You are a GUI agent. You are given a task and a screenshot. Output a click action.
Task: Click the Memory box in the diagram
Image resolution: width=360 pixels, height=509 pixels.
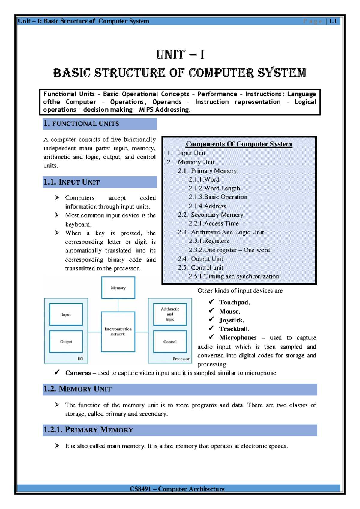coord(118,288)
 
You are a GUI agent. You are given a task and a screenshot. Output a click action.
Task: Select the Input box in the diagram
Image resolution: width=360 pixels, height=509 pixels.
coord(66,314)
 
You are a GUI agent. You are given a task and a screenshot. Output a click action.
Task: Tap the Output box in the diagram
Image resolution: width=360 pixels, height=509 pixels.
coord(66,342)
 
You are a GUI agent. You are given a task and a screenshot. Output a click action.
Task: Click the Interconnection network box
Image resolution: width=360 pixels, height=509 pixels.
coord(118,331)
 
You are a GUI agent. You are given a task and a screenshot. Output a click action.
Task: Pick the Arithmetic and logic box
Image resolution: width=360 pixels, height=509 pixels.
coord(170,314)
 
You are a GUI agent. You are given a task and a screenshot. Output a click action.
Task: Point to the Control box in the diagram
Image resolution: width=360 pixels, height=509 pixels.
coord(170,342)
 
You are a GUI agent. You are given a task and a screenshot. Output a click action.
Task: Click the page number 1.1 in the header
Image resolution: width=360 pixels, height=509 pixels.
coord(333,21)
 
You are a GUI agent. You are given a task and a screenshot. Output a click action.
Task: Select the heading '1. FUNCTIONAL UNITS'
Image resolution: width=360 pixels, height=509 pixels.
coord(81,124)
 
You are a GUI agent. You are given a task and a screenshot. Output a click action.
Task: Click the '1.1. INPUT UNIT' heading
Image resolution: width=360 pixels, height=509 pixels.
coord(72,182)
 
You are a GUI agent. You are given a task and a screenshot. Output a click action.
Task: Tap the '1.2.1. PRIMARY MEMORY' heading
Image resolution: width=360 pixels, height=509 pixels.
coord(88,430)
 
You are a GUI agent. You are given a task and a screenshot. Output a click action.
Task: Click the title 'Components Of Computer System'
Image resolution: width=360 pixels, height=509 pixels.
coord(239,144)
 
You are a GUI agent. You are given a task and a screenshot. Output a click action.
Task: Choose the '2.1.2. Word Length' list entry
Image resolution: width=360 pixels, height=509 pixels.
coord(214,188)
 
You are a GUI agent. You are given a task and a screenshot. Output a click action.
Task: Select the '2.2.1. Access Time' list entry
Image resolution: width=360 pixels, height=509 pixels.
coord(214,224)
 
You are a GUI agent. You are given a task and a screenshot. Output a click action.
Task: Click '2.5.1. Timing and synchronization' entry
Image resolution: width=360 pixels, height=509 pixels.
coord(234,276)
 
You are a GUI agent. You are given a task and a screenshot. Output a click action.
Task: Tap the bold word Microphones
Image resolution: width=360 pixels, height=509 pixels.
coord(238,338)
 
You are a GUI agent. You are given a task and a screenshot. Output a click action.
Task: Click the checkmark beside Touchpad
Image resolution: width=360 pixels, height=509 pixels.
coord(211,302)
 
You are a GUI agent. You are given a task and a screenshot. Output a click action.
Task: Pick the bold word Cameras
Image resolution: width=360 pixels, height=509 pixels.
coord(78,373)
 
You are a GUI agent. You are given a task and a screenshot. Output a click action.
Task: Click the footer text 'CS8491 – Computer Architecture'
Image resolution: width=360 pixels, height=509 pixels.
coord(177,489)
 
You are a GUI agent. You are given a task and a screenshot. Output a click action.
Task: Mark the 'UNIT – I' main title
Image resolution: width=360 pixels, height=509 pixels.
coord(180,55)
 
